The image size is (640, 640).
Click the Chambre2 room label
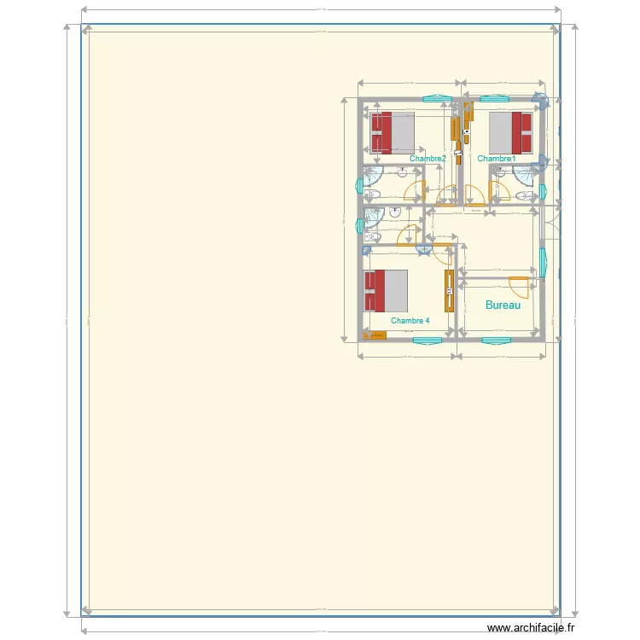click(428, 159)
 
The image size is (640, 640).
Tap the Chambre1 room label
click(497, 159)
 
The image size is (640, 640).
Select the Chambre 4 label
click(410, 321)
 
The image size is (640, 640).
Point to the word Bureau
click(503, 305)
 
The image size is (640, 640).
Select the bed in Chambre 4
click(386, 290)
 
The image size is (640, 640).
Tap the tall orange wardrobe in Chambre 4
click(449, 291)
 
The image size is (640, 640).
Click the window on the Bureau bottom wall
click(496, 340)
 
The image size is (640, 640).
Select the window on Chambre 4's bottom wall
click(428, 340)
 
